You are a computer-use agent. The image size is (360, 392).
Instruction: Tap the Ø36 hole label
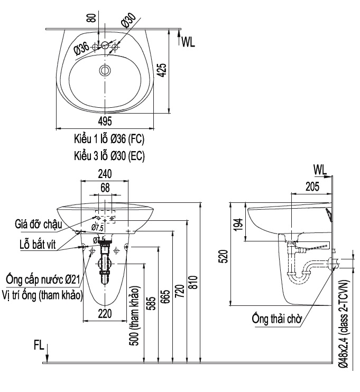81,49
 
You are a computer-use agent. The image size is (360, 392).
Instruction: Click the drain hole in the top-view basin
105,70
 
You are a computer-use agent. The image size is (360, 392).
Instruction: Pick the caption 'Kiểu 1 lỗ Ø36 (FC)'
109,141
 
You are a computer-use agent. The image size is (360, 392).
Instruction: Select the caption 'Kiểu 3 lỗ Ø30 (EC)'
109,156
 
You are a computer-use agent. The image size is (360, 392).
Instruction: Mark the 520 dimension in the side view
224,257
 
